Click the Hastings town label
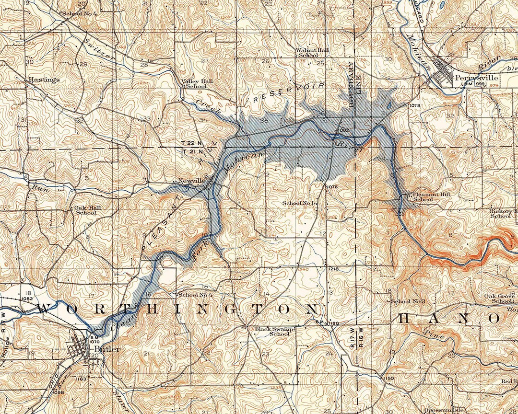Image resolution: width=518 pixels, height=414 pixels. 44,80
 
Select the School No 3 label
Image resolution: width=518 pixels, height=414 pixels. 408,301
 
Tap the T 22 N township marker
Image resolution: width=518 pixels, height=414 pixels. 189,144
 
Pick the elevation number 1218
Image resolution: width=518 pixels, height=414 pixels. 334,270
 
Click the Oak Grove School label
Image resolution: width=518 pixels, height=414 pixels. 499,299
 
